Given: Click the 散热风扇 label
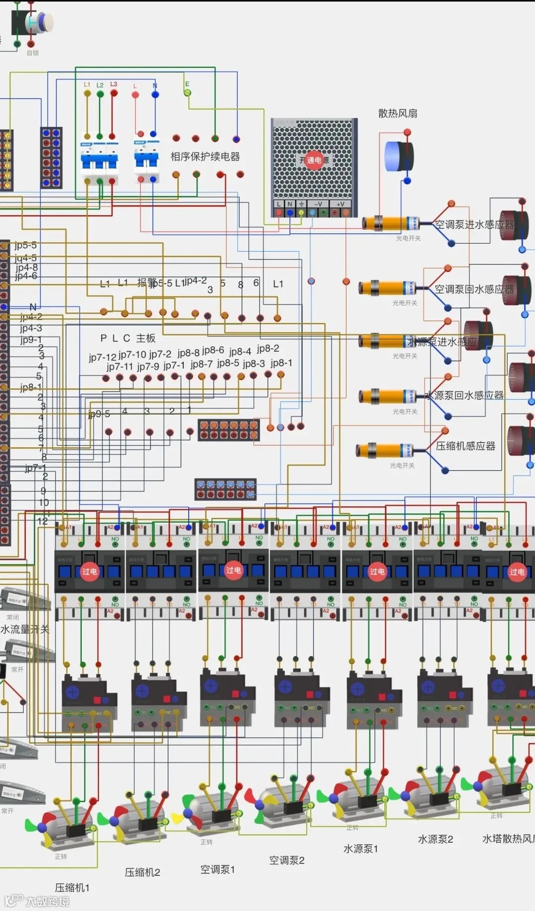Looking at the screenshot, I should [x=397, y=113].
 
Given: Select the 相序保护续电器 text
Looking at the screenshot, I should [x=205, y=157].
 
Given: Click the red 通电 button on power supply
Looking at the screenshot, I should [x=314, y=160].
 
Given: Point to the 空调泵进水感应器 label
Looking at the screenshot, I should [x=474, y=224].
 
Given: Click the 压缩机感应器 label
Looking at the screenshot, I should [x=465, y=446].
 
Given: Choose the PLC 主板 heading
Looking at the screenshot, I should [x=128, y=338].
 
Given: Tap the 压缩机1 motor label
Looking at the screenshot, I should [x=72, y=887].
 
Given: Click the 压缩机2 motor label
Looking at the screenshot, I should [x=142, y=872].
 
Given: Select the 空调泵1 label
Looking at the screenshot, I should [x=217, y=869].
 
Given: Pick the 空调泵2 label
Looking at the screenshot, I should [x=287, y=860].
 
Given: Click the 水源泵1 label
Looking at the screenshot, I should [x=361, y=849].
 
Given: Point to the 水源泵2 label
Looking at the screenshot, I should [x=435, y=839].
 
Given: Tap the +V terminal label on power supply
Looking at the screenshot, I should [x=340, y=204].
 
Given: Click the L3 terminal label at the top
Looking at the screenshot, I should [x=113, y=84].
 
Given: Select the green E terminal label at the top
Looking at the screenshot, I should [x=187, y=84].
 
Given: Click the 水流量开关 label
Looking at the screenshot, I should [x=25, y=629].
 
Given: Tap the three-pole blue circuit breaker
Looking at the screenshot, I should [x=100, y=161].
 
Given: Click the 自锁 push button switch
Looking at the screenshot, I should [x=32, y=23].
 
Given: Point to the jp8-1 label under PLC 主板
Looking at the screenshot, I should [x=281, y=363].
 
